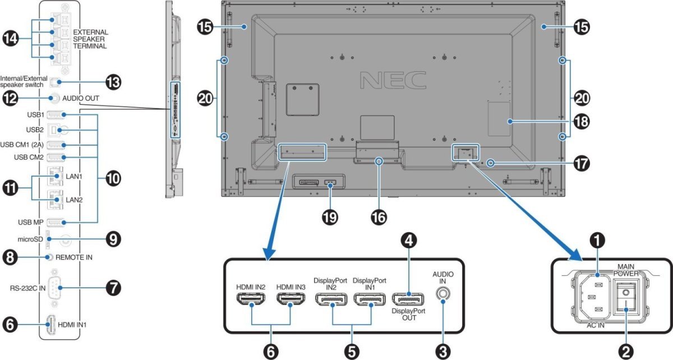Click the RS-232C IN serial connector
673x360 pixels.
(x=55, y=289)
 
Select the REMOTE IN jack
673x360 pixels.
(x=51, y=257)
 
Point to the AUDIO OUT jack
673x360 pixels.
(x=54, y=98)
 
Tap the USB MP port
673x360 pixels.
(x=55, y=221)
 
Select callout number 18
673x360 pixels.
(x=580, y=121)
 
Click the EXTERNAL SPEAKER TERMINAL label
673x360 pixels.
(x=90, y=39)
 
